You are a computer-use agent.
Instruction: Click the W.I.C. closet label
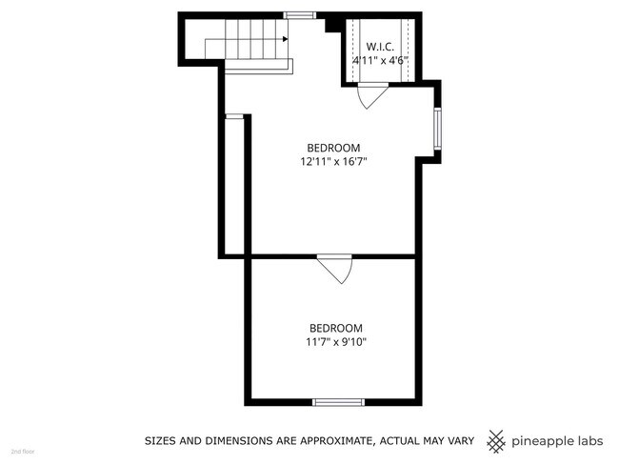(380, 46)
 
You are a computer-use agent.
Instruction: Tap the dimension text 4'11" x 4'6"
(380, 60)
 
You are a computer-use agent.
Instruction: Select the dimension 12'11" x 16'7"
(333, 162)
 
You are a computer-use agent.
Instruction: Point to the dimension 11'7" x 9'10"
(335, 341)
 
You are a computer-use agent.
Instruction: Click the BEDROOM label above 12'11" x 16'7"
(333, 148)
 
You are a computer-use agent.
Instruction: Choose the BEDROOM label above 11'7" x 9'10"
(335, 328)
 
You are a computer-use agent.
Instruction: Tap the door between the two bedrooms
(336, 267)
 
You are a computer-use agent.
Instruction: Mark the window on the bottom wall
(339, 402)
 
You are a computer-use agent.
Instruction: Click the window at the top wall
(300, 14)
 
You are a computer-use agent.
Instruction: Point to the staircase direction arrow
(284, 38)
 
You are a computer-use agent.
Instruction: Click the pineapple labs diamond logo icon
(496, 441)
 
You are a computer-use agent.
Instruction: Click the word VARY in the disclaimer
(458, 441)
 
